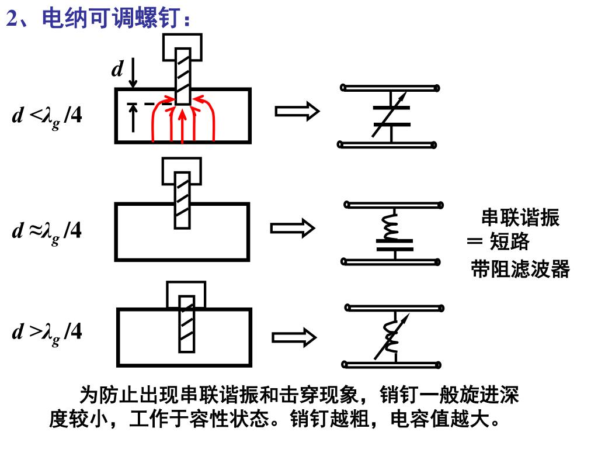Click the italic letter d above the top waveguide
coord(117,70)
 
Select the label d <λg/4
coord(47,116)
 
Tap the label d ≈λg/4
coord(47,232)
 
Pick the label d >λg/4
coord(47,333)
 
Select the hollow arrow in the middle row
coord(293,228)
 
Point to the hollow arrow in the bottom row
coord(294,337)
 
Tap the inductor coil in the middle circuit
coord(390,226)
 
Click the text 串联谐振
coord(520,218)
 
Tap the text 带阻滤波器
coord(520,270)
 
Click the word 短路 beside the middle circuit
coord(509,241)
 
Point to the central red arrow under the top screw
coord(183,124)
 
